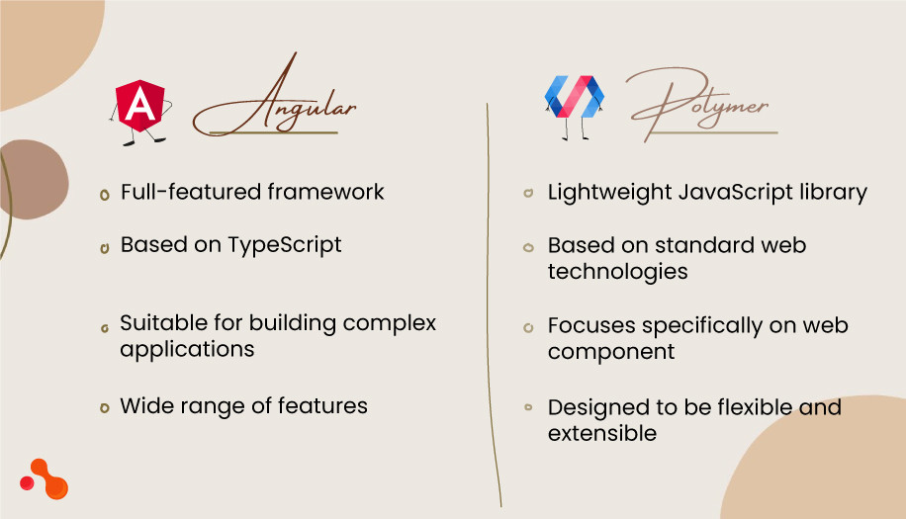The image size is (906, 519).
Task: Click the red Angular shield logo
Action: (x=139, y=105)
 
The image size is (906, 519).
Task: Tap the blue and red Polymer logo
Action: (x=574, y=96)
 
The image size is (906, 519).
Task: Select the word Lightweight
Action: (x=608, y=193)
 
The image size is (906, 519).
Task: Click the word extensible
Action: (x=601, y=433)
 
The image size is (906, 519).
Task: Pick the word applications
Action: (x=187, y=349)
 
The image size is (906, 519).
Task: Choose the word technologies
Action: (x=617, y=271)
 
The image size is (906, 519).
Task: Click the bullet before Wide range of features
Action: (x=104, y=407)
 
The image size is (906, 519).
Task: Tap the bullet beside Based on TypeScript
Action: (x=104, y=247)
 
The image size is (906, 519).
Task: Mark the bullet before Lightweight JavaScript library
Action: (x=529, y=194)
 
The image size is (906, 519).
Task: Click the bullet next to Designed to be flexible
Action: (x=529, y=407)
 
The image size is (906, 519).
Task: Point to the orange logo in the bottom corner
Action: (x=45, y=478)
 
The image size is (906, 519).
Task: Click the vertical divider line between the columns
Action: (x=492, y=297)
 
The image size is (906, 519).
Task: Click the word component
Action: (x=611, y=352)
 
